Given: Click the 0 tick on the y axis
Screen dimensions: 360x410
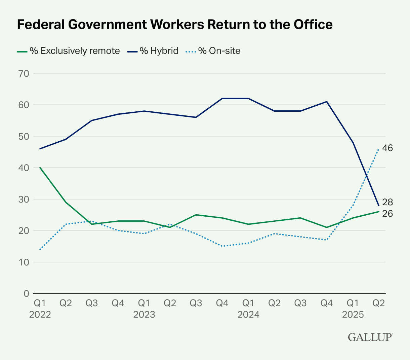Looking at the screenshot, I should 26,293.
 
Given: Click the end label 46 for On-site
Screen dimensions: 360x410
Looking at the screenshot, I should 387,148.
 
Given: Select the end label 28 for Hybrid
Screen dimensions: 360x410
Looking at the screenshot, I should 387,202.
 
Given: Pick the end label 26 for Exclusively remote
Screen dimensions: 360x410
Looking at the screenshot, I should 387,214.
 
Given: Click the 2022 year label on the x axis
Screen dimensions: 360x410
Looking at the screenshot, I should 40,315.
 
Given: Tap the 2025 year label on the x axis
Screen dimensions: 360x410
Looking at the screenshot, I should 353,315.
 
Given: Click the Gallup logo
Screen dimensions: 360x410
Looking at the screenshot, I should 370,337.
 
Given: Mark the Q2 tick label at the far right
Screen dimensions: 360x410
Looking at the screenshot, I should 379,303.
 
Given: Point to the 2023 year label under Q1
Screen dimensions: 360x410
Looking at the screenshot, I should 144,315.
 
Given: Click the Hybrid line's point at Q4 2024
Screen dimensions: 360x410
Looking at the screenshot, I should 327,102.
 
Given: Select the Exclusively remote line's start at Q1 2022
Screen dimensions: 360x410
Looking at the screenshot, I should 40,168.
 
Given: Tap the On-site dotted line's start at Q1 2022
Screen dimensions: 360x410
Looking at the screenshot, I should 40,250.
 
